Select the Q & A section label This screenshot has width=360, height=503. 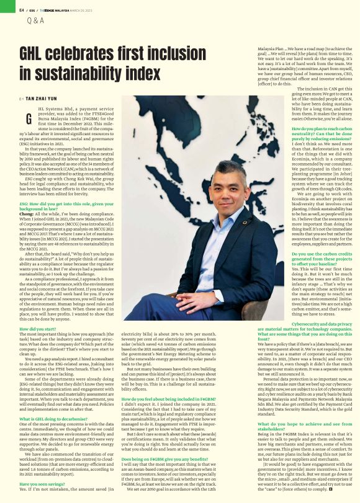(x=36, y=20)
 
